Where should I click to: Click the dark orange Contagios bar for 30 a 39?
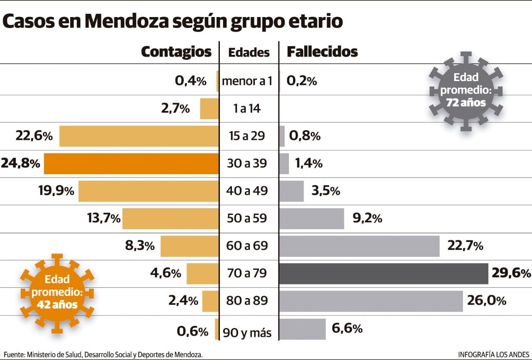131,164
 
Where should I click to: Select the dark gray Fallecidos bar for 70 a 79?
384,274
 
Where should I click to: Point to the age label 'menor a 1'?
247,81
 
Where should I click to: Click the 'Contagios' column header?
176,52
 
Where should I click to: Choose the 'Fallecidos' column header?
322,52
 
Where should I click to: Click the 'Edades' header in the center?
249,53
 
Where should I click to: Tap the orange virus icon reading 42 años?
57,293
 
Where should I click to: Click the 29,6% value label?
511,273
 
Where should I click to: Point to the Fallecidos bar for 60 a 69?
360,246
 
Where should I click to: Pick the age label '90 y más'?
247,333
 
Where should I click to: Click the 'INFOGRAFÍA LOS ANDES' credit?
493,355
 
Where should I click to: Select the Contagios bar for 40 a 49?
148,191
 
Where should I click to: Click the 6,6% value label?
347,328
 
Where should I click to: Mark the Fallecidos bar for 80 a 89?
371,301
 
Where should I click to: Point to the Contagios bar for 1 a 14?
209,109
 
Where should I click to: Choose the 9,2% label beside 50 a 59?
367,218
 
